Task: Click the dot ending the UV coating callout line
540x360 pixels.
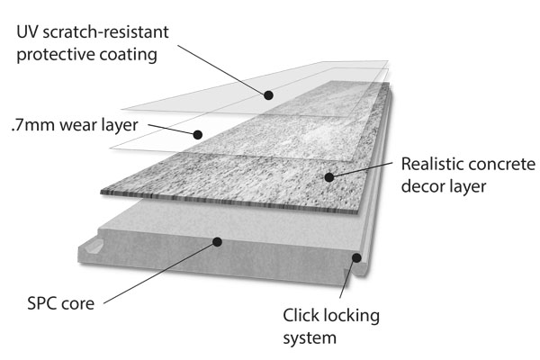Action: [268, 94]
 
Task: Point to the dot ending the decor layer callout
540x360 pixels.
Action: [330, 177]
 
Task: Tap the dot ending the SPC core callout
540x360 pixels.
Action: [216, 241]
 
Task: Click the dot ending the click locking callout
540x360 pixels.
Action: [356, 258]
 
